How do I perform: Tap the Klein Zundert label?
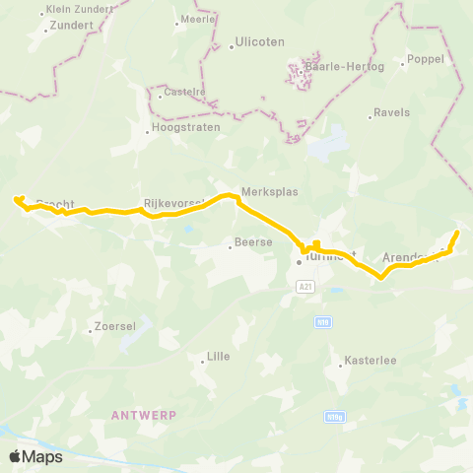coord(79,10)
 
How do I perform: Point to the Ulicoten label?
coord(259,43)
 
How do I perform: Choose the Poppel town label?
coord(426,59)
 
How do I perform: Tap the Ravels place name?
coord(392,113)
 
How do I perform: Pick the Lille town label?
coord(218,357)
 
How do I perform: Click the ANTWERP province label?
coord(144,415)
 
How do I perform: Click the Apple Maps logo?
coord(35,456)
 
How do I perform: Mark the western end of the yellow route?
coord(16,199)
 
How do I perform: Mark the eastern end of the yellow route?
coord(457,233)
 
